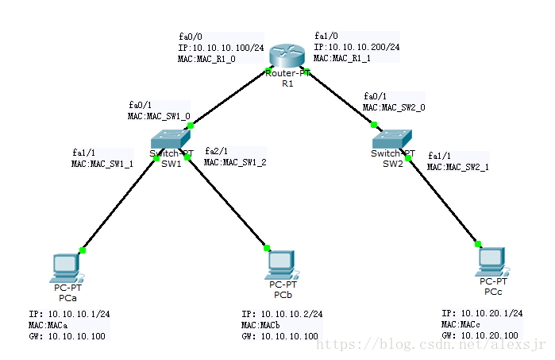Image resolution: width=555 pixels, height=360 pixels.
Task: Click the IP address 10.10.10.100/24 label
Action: click(221, 48)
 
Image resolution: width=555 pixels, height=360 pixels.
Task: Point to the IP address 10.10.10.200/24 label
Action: click(357, 47)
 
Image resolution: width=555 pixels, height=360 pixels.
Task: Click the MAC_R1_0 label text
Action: click(206, 59)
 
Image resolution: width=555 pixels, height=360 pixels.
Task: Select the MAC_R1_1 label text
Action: click(342, 58)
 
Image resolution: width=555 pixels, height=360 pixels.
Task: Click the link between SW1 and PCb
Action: click(229, 203)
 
